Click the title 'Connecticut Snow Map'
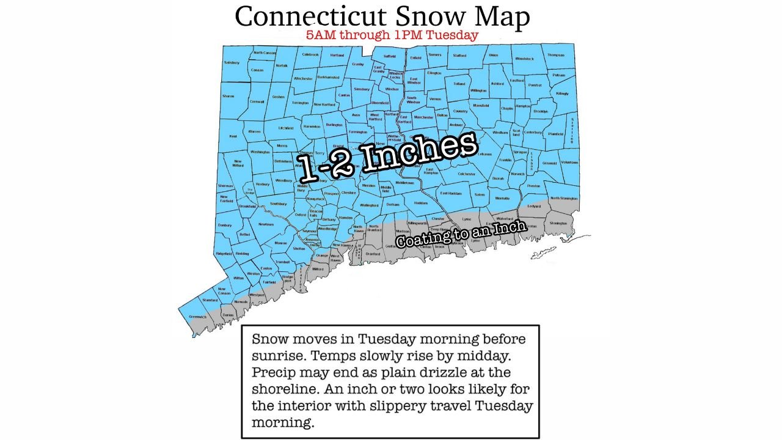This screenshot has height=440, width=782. point(382,16)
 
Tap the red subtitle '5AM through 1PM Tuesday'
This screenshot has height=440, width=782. point(392,35)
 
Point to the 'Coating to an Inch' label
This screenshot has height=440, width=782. point(461,234)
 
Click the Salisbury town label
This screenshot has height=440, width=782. point(232,62)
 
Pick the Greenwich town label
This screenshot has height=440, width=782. point(198,317)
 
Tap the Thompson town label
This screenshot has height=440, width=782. point(555,55)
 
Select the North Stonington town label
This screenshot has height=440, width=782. point(563,198)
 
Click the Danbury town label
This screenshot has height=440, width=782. point(225,225)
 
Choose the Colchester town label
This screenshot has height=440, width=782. point(467,174)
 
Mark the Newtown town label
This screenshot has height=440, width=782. point(266,224)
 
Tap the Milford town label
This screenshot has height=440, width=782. point(318,269)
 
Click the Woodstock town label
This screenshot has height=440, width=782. point(524,59)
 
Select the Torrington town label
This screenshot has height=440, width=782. point(301,103)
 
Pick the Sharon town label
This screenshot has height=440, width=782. point(228,97)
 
